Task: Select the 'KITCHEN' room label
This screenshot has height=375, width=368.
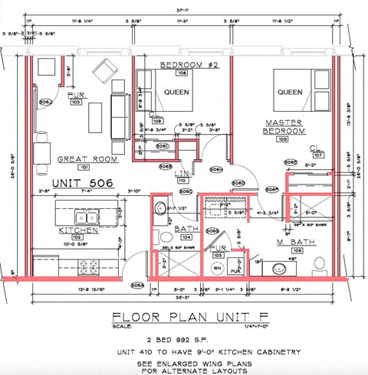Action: pyautogui.click(x=78, y=229)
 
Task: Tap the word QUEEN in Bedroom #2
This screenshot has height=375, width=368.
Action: pyautogui.click(x=176, y=93)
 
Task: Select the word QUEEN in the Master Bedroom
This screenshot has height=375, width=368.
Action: pyautogui.click(x=290, y=93)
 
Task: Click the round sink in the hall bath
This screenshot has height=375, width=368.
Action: pyautogui.click(x=159, y=207)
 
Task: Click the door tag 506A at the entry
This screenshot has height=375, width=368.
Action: pyautogui.click(x=137, y=285)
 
